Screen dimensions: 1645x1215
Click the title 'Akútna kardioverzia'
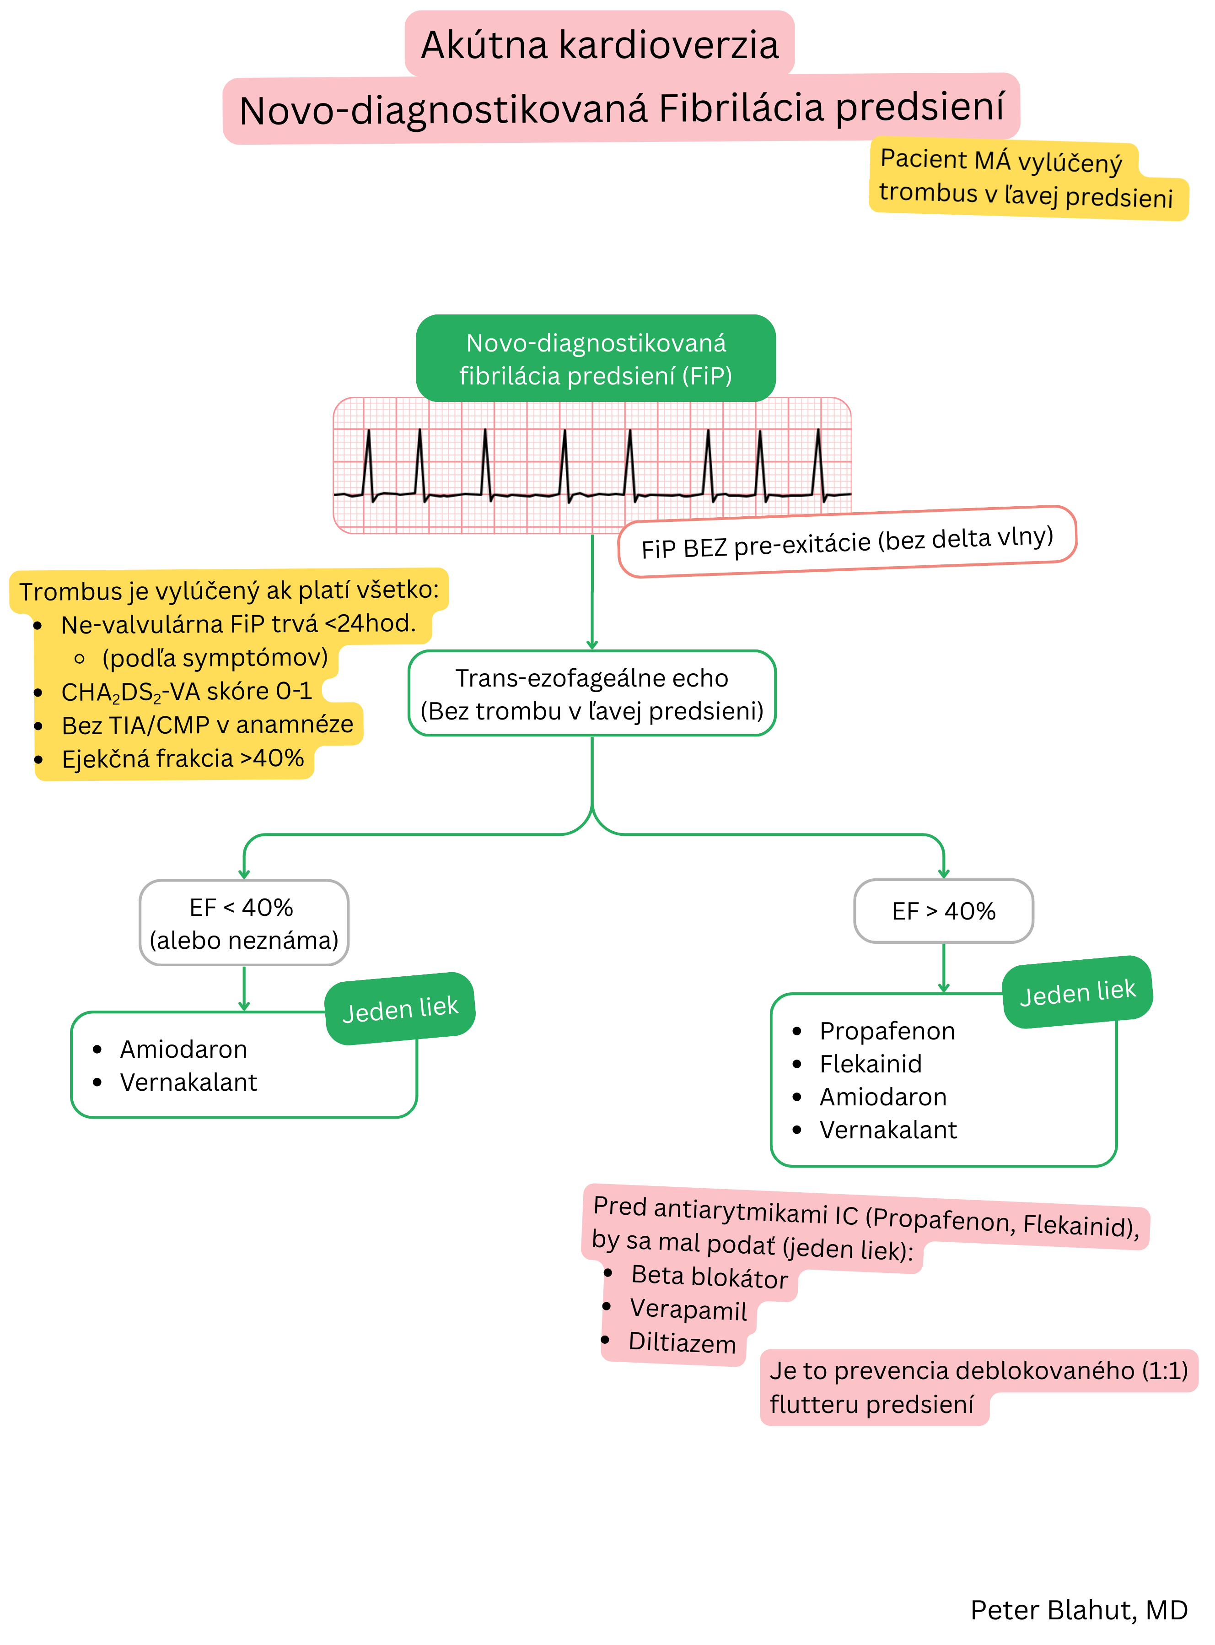(x=599, y=45)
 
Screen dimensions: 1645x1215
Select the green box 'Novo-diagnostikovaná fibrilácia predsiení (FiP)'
(x=596, y=359)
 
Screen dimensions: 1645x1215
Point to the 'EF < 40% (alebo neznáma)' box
(x=243, y=923)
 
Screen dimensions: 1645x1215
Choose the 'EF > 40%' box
(x=944, y=911)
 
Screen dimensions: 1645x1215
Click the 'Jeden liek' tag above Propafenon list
(x=1077, y=992)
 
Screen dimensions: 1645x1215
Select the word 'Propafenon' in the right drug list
(x=887, y=1031)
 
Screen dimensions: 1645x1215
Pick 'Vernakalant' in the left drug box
(x=188, y=1082)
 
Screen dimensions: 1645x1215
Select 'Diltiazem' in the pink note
(x=682, y=1342)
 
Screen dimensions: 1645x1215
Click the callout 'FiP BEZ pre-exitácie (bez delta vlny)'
(x=847, y=543)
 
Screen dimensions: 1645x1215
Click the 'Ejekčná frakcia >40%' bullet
(x=183, y=758)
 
